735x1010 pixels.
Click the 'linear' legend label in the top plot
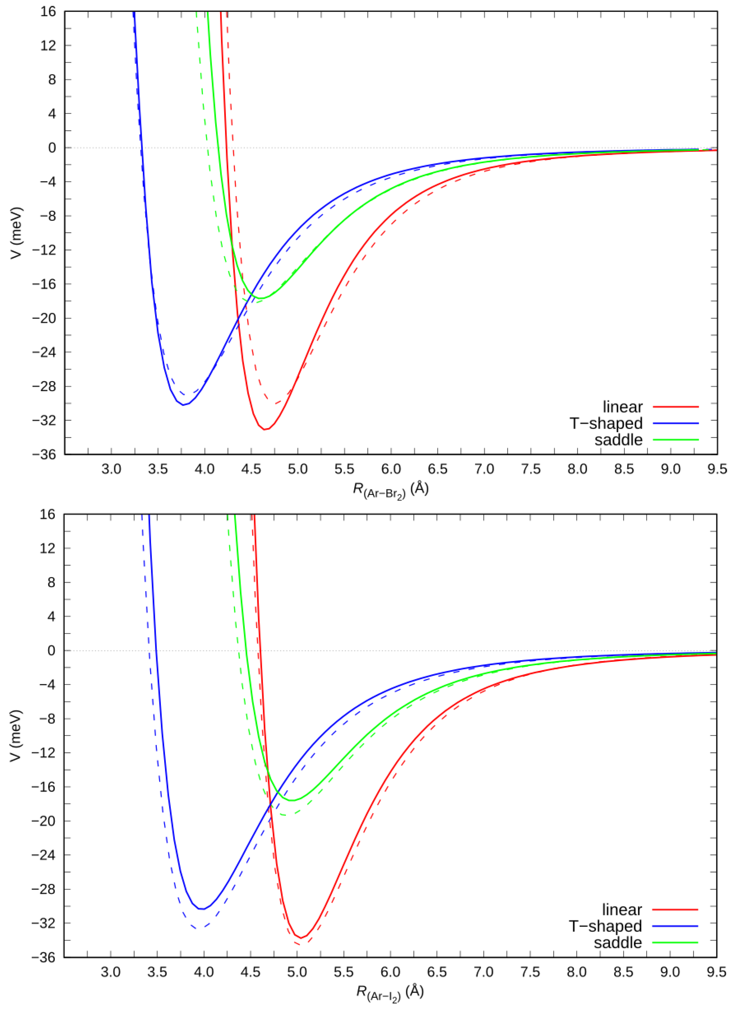click(622, 407)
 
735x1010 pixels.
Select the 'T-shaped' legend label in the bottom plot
click(605, 926)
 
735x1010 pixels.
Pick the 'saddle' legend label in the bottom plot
click(618, 943)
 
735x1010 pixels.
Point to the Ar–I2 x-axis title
click(390, 992)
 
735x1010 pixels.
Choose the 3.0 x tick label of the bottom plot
click(110, 972)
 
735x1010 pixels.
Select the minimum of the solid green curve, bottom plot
click(292, 801)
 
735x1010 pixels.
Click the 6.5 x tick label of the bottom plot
click(437, 972)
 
